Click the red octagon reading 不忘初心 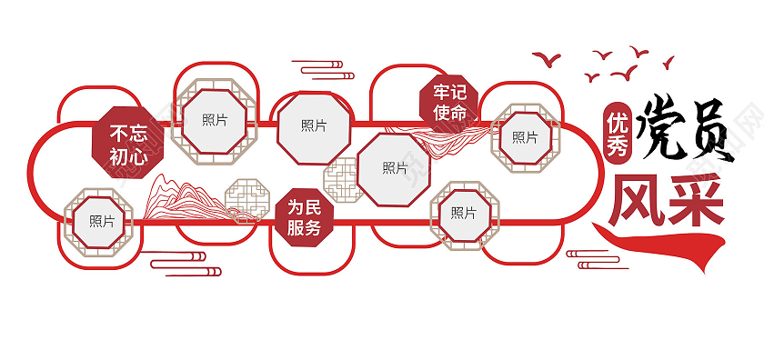(x=128, y=143)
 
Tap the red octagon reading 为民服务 (x=304, y=218)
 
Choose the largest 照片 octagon (x=394, y=168)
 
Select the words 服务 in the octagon (x=304, y=228)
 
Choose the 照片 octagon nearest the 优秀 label (x=525, y=137)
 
